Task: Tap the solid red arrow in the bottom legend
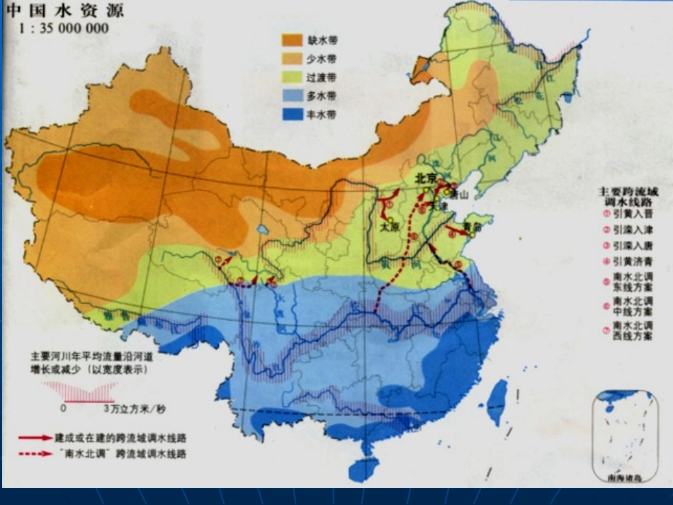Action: coord(33,437)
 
